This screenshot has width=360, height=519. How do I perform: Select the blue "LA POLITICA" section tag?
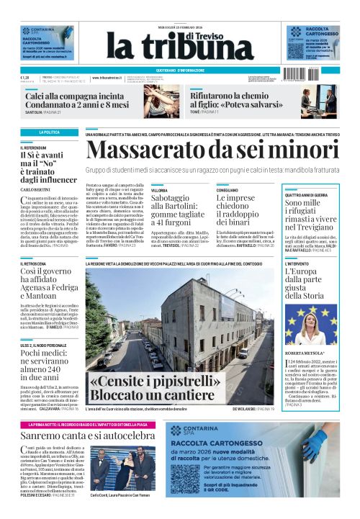tap(50, 133)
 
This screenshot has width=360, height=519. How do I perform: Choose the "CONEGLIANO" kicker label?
tap(229, 190)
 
